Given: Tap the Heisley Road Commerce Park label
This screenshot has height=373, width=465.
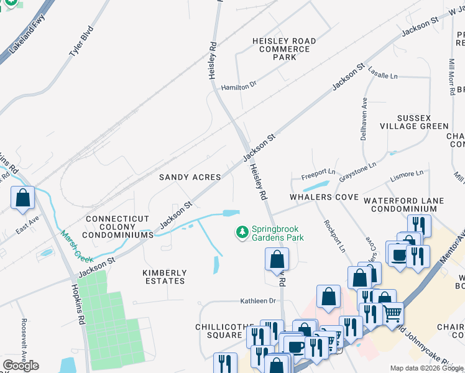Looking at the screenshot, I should point(284,49).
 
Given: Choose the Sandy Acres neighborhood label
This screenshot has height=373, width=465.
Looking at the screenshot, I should point(190,177).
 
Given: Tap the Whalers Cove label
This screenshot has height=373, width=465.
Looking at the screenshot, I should point(323,197).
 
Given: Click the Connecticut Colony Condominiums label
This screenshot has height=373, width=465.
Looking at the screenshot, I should point(119,227).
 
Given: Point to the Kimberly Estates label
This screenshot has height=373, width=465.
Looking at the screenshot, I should point(164,277).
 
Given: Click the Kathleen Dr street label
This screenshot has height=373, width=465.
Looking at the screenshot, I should point(258,301).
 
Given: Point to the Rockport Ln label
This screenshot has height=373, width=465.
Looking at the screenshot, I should point(334,236).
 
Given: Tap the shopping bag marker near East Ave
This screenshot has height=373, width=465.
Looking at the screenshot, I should point(23,198).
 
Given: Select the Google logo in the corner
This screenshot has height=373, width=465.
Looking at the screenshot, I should point(21,366).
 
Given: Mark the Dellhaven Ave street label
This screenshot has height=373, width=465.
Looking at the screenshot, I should point(364,119).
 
